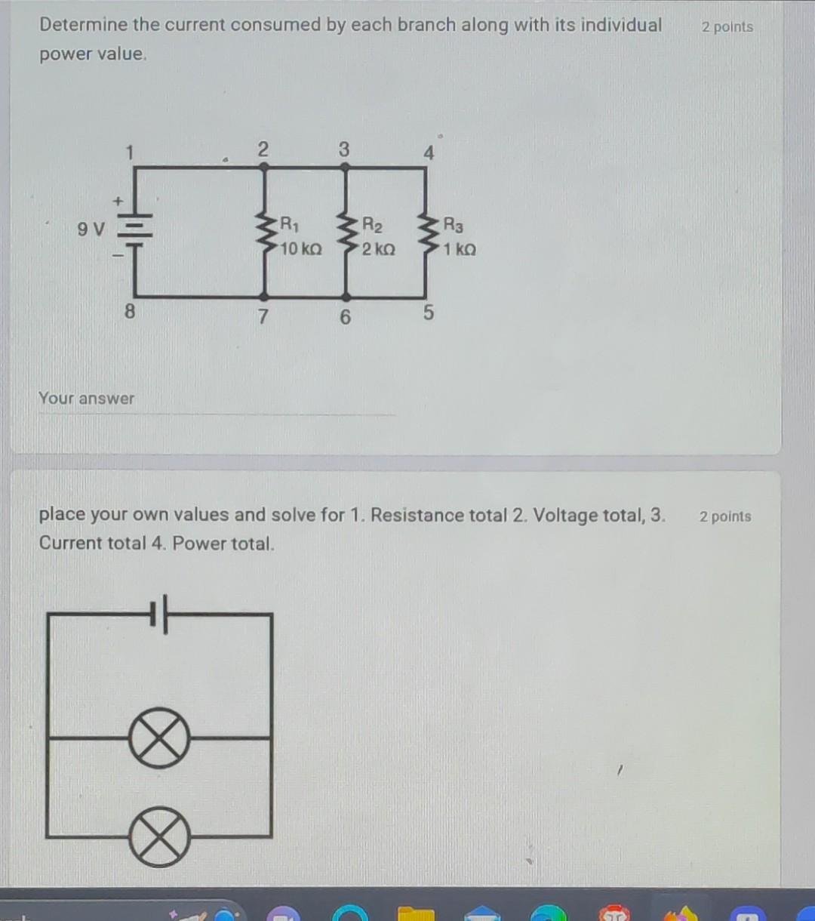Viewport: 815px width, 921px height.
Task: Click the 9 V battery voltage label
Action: (91, 228)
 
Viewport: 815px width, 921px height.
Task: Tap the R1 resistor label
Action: (290, 224)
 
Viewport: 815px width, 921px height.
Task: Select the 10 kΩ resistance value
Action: (300, 249)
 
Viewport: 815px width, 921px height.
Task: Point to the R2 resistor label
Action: (372, 224)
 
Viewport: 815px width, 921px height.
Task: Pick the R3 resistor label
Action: (454, 224)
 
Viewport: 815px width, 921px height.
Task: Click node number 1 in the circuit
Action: (129, 152)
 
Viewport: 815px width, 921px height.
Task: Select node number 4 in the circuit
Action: (429, 153)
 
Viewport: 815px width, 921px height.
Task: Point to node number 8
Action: (129, 311)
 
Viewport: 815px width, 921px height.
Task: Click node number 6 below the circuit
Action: (345, 317)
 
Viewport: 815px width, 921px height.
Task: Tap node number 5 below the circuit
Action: (428, 313)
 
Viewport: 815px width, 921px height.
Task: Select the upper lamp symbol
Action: (158, 738)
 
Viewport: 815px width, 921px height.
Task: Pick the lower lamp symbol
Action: (158, 836)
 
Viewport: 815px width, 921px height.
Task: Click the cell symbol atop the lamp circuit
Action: (158, 614)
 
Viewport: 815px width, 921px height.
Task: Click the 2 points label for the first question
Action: (727, 27)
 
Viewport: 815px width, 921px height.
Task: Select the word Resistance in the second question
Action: (417, 516)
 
